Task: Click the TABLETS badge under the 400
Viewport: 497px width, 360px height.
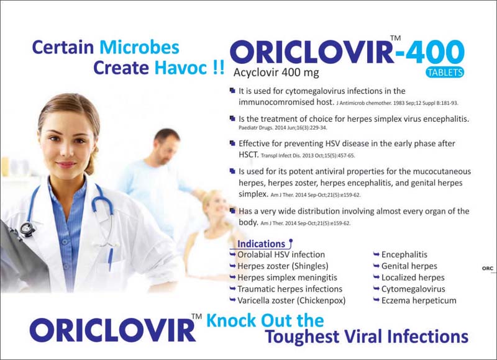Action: click(444, 73)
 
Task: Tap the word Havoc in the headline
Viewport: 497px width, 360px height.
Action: click(181, 68)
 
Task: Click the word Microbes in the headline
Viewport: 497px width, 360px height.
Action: click(139, 47)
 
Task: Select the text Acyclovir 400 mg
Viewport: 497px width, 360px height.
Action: click(276, 73)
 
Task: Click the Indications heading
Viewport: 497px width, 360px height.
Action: click(261, 244)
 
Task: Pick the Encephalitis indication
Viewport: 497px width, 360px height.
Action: click(404, 254)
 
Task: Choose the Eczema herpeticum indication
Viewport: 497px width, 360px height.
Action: click(419, 300)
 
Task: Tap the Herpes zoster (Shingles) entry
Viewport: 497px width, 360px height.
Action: click(283, 266)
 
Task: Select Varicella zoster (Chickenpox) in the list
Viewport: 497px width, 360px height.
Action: click(291, 300)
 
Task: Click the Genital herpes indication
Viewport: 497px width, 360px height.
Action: click(409, 266)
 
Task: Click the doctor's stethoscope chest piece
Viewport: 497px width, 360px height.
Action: click(27, 229)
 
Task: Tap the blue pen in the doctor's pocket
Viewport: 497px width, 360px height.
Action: click(110, 259)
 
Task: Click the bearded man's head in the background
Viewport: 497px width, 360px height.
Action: click(166, 146)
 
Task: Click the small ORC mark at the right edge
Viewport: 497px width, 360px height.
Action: click(488, 269)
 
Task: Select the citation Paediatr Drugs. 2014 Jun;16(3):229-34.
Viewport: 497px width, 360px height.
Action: click(283, 128)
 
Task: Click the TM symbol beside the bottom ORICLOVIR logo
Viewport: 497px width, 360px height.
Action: click(196, 316)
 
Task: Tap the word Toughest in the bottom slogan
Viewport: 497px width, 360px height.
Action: click(302, 336)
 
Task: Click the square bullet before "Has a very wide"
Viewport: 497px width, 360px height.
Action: click(232, 210)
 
